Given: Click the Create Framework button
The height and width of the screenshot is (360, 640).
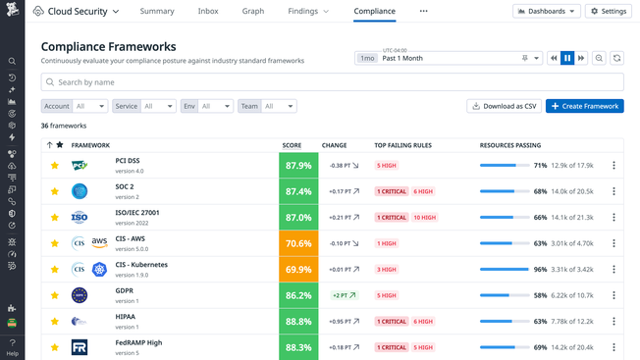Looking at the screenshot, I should (584, 106).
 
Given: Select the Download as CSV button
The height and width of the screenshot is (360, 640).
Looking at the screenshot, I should (504, 106).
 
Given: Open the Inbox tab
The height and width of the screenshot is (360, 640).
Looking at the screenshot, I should (208, 12).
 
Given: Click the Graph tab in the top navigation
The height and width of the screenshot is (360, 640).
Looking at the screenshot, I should (253, 12).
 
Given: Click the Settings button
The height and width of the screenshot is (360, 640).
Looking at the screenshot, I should (609, 12).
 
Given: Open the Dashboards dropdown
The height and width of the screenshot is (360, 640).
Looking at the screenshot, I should (546, 12).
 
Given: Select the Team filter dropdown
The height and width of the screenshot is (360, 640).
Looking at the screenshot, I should (267, 106).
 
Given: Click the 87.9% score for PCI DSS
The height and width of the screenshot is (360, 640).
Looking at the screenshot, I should (297, 166).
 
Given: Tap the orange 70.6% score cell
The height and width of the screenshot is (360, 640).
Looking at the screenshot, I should (297, 243).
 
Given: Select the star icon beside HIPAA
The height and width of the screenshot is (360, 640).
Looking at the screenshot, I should (55, 321).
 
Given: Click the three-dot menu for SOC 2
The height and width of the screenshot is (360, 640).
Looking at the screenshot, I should (613, 191).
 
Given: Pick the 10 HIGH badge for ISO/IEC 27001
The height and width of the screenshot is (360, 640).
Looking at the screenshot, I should (424, 218).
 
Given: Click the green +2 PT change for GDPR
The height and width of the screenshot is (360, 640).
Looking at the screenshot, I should (343, 294).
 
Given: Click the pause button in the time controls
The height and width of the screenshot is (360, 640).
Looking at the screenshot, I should (567, 58).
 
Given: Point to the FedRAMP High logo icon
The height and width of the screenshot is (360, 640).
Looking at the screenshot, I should (80, 346).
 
